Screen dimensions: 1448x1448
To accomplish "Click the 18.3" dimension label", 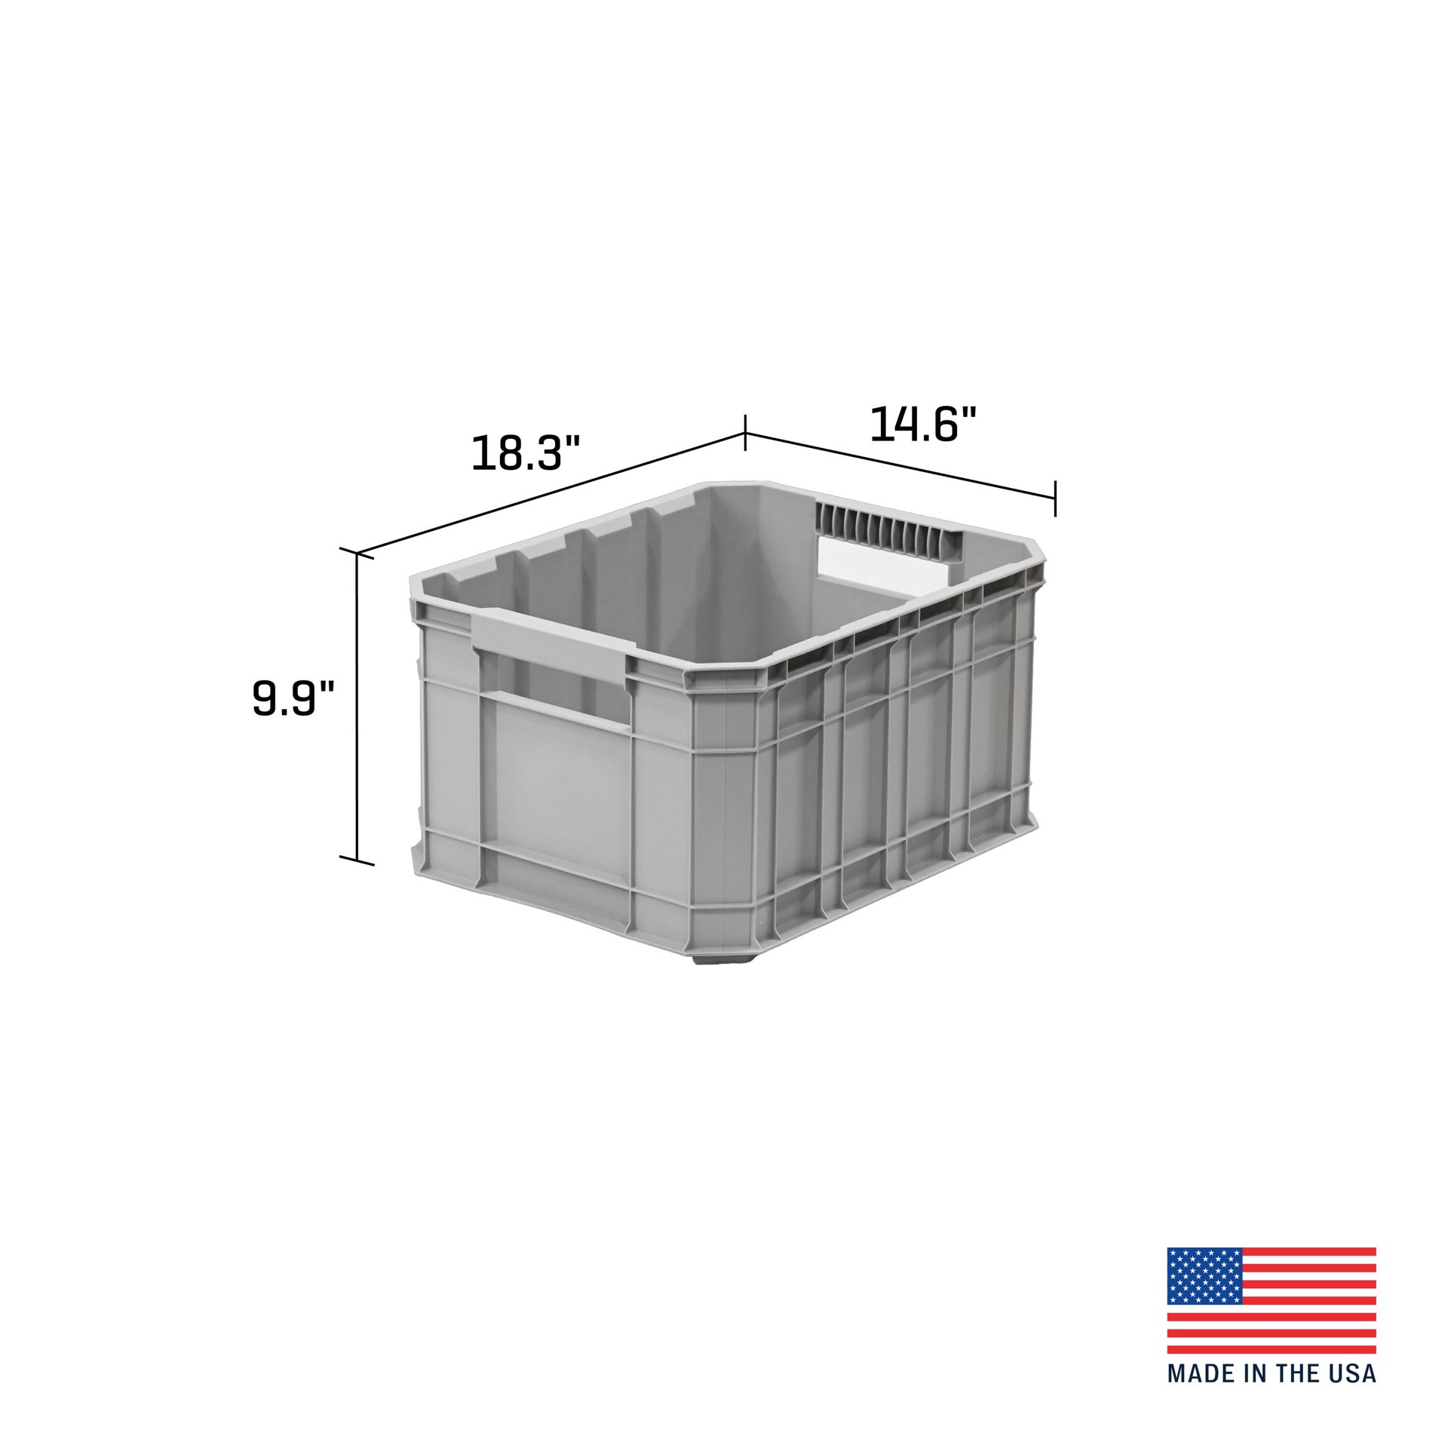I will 526,452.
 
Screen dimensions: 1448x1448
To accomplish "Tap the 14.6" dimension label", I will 923,425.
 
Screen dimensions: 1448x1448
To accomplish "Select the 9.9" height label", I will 293,698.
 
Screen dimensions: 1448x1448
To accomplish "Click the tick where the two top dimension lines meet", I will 745,433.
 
